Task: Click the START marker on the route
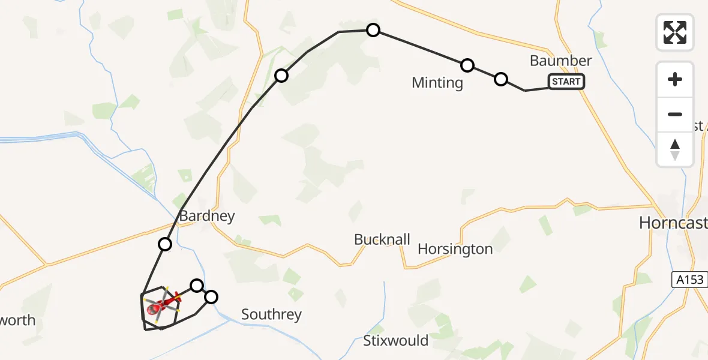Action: click(x=566, y=82)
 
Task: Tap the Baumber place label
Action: click(x=560, y=61)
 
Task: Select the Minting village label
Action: click(x=437, y=83)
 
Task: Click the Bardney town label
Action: click(x=207, y=216)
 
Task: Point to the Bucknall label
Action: click(x=382, y=240)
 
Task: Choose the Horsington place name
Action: click(x=455, y=249)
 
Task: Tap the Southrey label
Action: click(x=271, y=314)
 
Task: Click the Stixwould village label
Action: click(x=395, y=341)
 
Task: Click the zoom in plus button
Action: click(x=675, y=80)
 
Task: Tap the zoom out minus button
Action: click(x=675, y=114)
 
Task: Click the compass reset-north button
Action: click(x=675, y=149)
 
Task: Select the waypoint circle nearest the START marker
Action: click(x=500, y=79)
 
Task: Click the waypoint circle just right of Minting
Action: click(x=467, y=65)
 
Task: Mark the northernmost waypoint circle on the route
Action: click(x=373, y=30)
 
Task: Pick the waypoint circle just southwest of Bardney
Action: click(x=165, y=244)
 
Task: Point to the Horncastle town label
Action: click(x=672, y=223)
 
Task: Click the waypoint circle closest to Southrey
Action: click(x=211, y=296)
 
